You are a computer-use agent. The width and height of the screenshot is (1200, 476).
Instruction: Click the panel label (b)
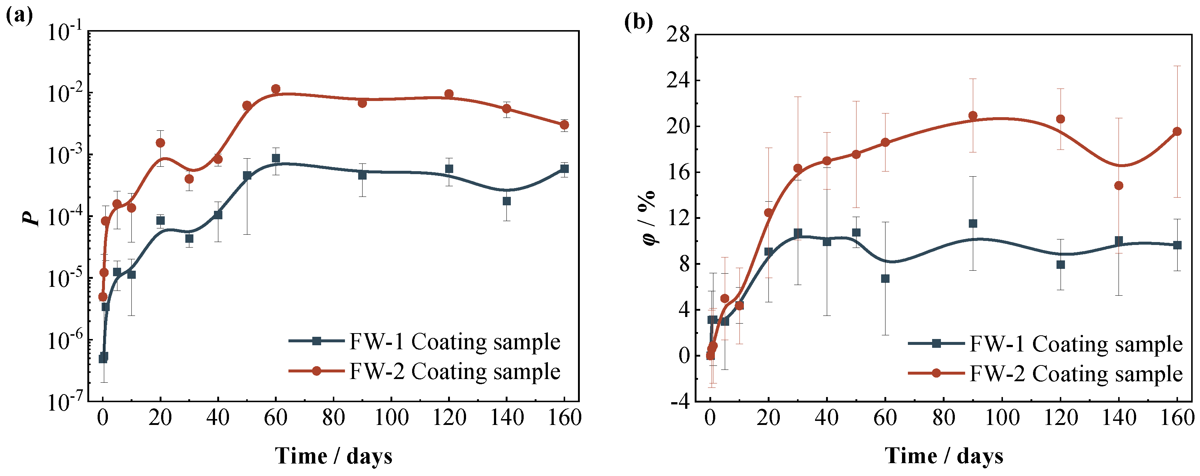click(638, 21)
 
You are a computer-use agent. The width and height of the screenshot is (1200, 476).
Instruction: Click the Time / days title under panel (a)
click(334, 455)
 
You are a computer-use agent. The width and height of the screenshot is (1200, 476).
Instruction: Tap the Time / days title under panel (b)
click(944, 455)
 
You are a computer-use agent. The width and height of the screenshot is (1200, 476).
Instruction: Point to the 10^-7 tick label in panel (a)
click(65, 401)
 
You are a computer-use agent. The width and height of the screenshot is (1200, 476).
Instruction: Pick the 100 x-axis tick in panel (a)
click(391, 418)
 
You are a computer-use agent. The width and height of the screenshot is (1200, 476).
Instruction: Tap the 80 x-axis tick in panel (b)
click(943, 418)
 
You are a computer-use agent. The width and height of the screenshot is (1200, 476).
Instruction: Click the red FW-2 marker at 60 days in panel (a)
click(276, 89)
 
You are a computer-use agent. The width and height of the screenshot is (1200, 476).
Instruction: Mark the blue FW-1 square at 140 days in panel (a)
click(506, 201)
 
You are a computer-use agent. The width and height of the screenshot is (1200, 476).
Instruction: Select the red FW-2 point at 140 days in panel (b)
click(1119, 185)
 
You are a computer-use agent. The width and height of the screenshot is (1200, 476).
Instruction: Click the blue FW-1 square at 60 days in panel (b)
click(885, 278)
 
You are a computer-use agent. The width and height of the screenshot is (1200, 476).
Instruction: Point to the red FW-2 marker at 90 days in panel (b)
click(973, 116)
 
